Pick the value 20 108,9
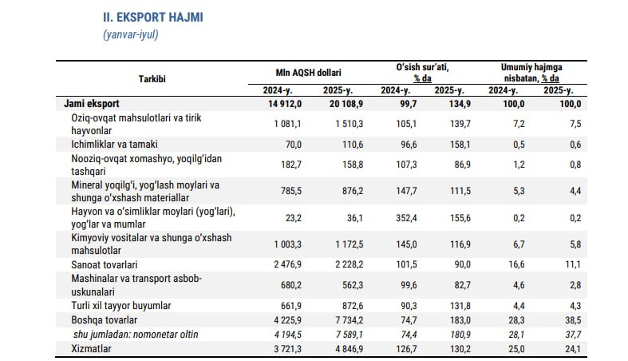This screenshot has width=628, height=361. (344, 104)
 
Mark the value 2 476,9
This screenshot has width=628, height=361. (285, 264)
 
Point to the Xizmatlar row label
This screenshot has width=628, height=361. (91, 349)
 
